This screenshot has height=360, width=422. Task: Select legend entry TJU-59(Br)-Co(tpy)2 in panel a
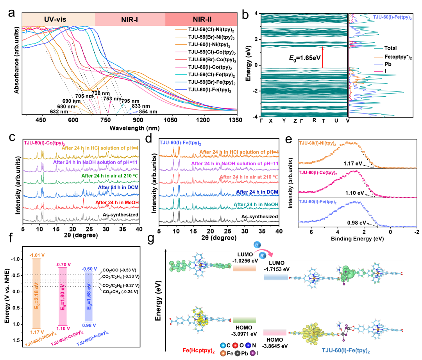point(212,60)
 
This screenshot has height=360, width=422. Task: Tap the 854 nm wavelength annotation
point(148,111)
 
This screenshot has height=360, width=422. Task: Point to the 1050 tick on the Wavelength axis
point(171,120)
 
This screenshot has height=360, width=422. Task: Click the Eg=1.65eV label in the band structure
point(305,58)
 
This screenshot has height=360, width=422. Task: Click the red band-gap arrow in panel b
point(322,57)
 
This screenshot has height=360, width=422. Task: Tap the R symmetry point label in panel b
point(314,120)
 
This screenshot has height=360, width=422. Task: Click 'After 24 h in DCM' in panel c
point(118,187)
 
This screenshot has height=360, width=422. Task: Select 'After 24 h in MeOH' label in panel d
point(256,204)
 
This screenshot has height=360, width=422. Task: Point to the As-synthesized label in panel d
point(259,216)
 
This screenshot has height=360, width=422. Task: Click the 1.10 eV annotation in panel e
point(354,193)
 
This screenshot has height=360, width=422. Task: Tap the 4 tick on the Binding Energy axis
point(338,232)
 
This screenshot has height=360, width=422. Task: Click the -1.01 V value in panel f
point(37,255)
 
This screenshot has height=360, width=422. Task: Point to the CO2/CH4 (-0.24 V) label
point(121,292)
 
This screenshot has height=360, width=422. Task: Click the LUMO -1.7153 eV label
point(277,266)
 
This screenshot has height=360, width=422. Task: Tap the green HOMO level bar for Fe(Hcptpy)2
point(244,320)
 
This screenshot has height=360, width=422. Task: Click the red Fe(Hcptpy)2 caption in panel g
point(198,351)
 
